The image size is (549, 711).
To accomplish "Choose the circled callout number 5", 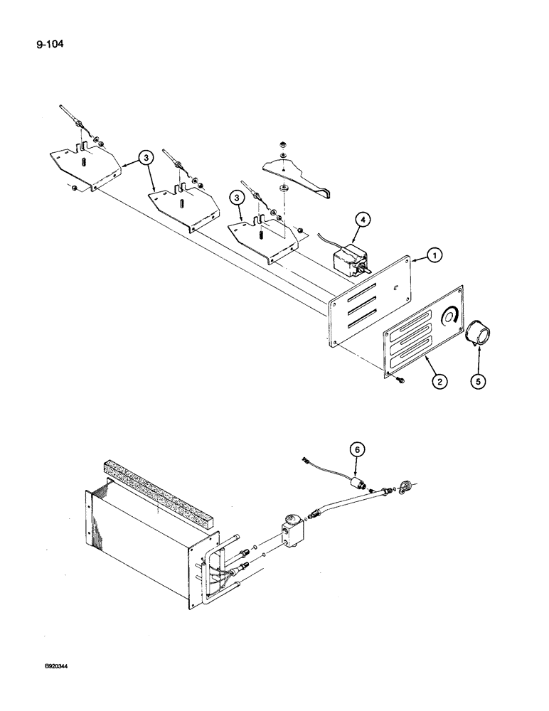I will (x=479, y=383).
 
